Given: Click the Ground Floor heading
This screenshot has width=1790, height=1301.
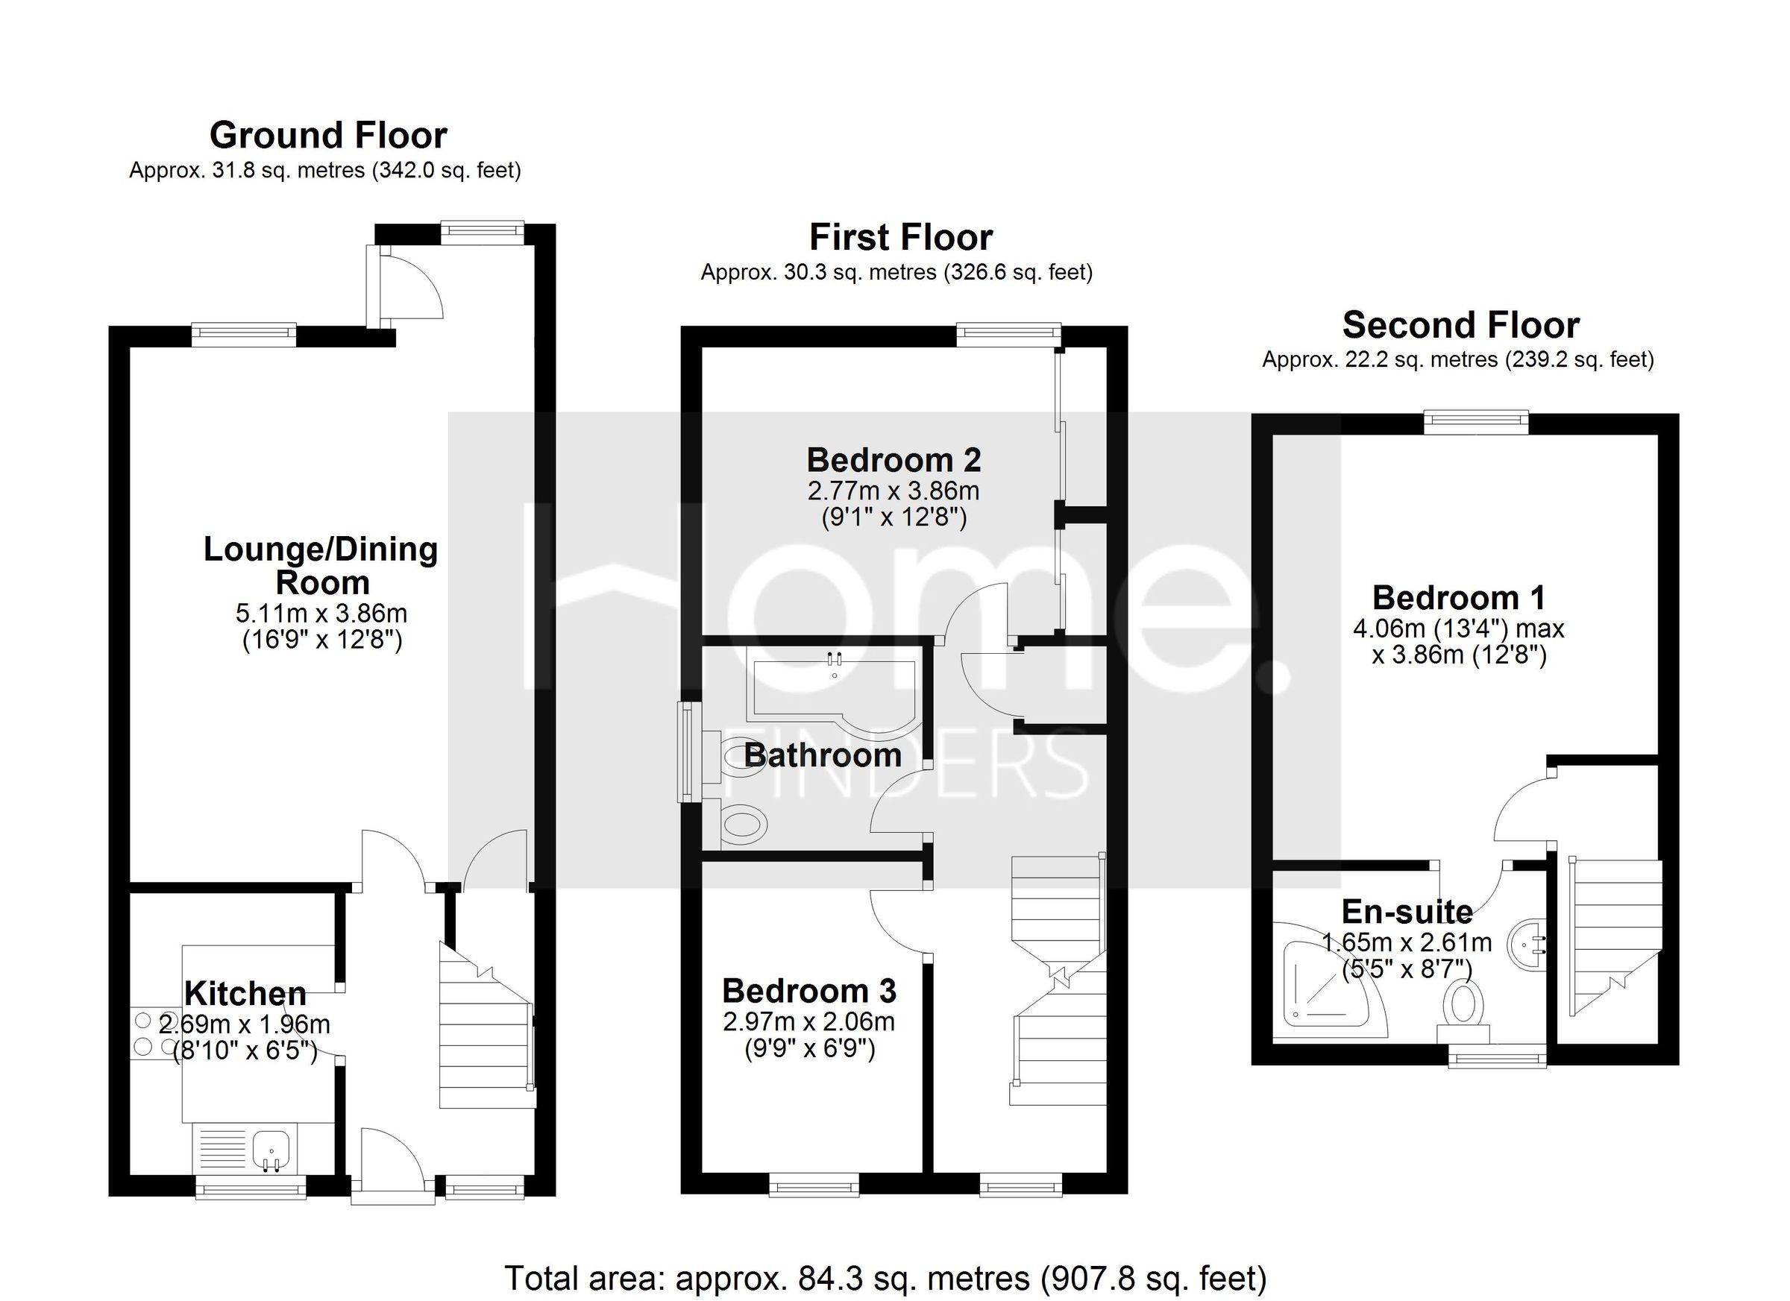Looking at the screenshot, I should pos(327,136).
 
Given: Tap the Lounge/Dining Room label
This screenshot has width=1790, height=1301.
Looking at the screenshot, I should pos(321,566).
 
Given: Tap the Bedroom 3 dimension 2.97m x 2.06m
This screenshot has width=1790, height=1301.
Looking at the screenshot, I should pos(808,1022).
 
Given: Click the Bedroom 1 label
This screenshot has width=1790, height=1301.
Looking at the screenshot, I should pos(1459,598).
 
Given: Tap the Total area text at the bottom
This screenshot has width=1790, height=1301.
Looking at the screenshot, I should pos(885,1277).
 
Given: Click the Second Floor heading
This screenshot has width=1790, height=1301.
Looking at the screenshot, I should pos(1460,325).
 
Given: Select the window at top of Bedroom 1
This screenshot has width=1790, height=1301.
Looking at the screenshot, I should pos(1476,422).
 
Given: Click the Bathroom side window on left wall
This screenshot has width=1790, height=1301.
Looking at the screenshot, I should pos(691,752).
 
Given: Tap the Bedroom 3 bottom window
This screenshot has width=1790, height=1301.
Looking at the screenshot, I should pos(814,1183).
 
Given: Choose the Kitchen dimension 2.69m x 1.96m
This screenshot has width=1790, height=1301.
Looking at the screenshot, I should pos(245,1025).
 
